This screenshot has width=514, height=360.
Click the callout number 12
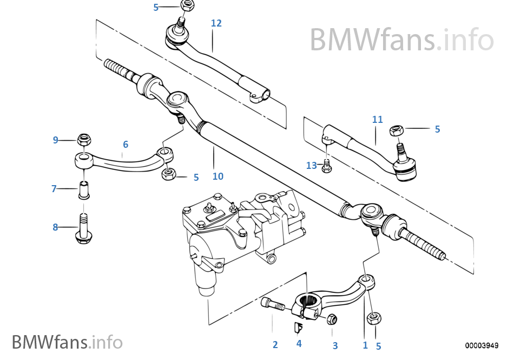216,23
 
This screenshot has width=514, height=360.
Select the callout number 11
377,119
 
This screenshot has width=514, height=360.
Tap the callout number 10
218,176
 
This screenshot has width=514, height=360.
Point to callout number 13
311,166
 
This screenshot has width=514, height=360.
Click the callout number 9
55,140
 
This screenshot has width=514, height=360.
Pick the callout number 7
54,189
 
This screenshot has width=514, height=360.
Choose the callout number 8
55,227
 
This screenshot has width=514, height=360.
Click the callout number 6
126,145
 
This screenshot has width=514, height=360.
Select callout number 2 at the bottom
275,344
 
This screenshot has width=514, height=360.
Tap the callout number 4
299,343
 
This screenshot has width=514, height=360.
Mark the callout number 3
335,345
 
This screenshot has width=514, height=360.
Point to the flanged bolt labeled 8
84,230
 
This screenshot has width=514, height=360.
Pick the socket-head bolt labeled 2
272,304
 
